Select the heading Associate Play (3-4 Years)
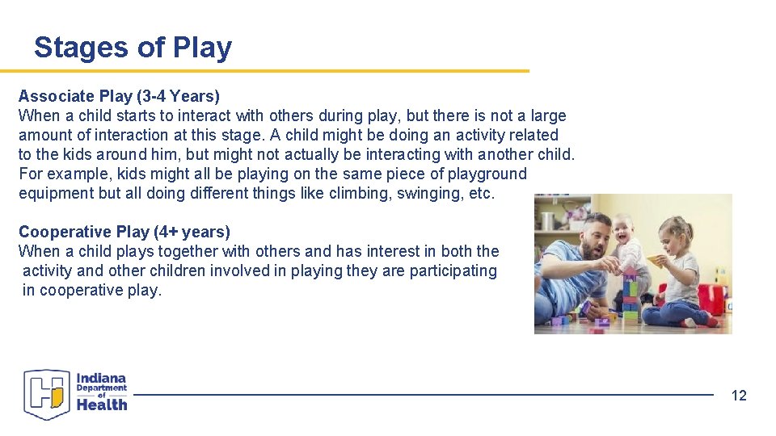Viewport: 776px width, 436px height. point(119,96)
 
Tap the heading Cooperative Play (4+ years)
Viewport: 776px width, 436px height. point(124,232)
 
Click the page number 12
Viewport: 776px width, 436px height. point(739,395)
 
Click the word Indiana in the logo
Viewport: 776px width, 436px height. point(102,378)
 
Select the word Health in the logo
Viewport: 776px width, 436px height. point(102,405)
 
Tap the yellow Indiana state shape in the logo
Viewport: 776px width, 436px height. point(57,396)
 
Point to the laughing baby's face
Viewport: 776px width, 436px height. point(623,231)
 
